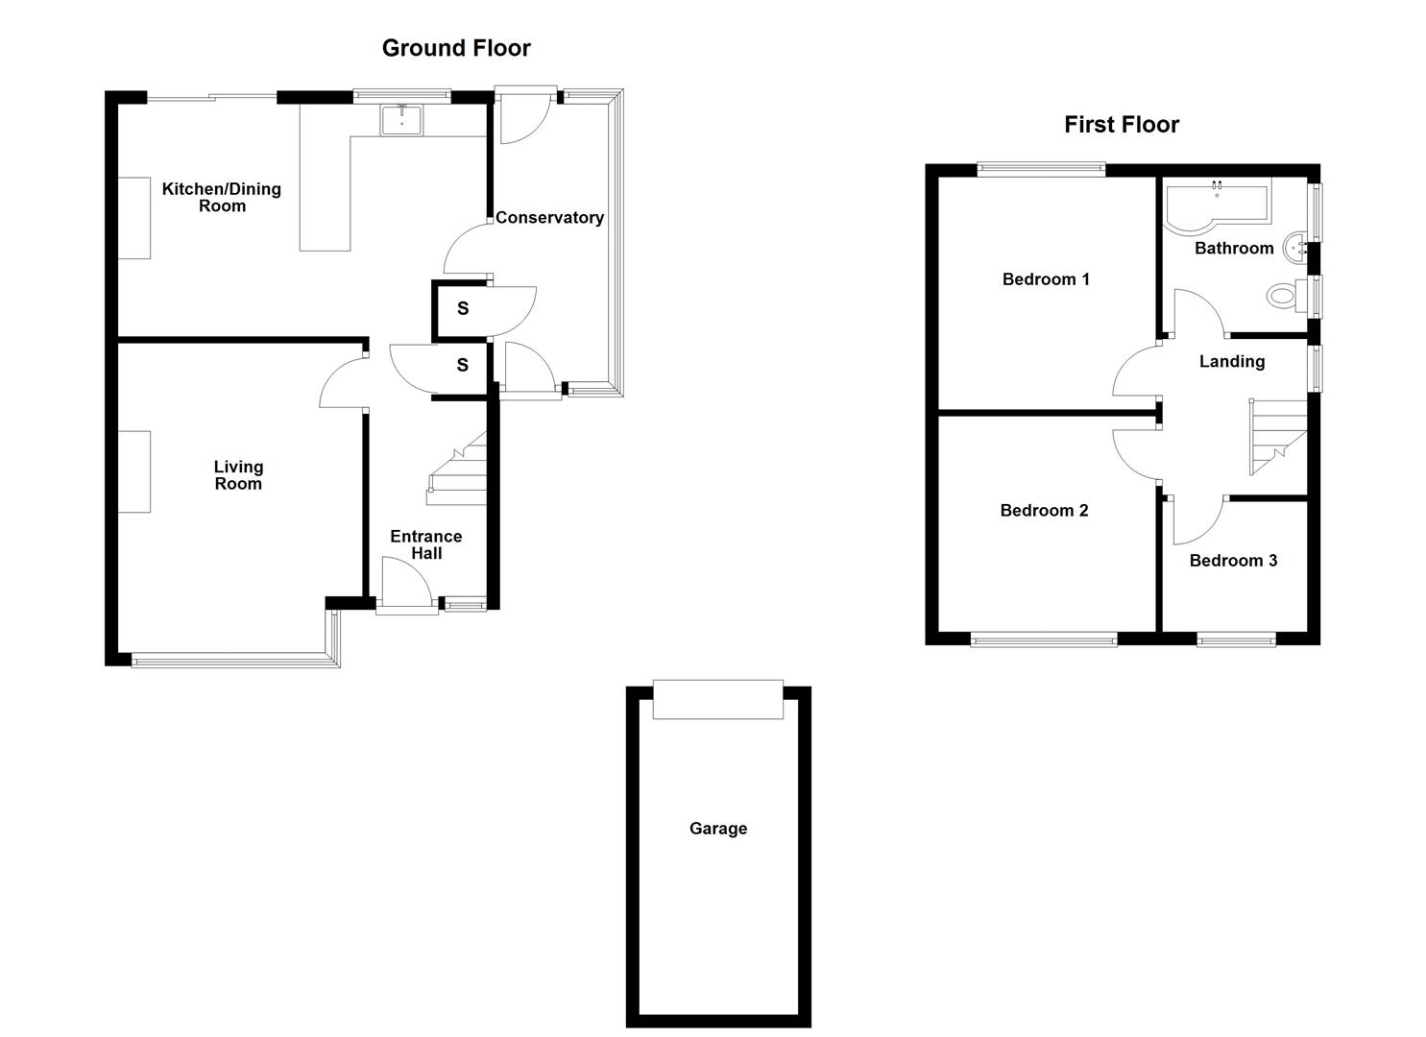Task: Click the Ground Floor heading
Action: [456, 48]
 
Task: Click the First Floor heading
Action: [1121, 124]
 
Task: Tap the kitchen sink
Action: [401, 120]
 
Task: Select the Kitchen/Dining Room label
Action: [222, 197]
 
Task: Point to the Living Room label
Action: [238, 474]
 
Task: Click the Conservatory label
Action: [549, 217]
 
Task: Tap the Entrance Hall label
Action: [426, 544]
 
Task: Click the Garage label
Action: [717, 828]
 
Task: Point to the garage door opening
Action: [717, 699]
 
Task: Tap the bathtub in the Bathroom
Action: [1215, 204]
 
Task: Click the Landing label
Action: [1231, 361]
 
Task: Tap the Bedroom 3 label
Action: [1233, 560]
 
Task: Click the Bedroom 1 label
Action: [1045, 279]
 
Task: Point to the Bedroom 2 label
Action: [1044, 510]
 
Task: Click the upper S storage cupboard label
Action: [463, 308]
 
